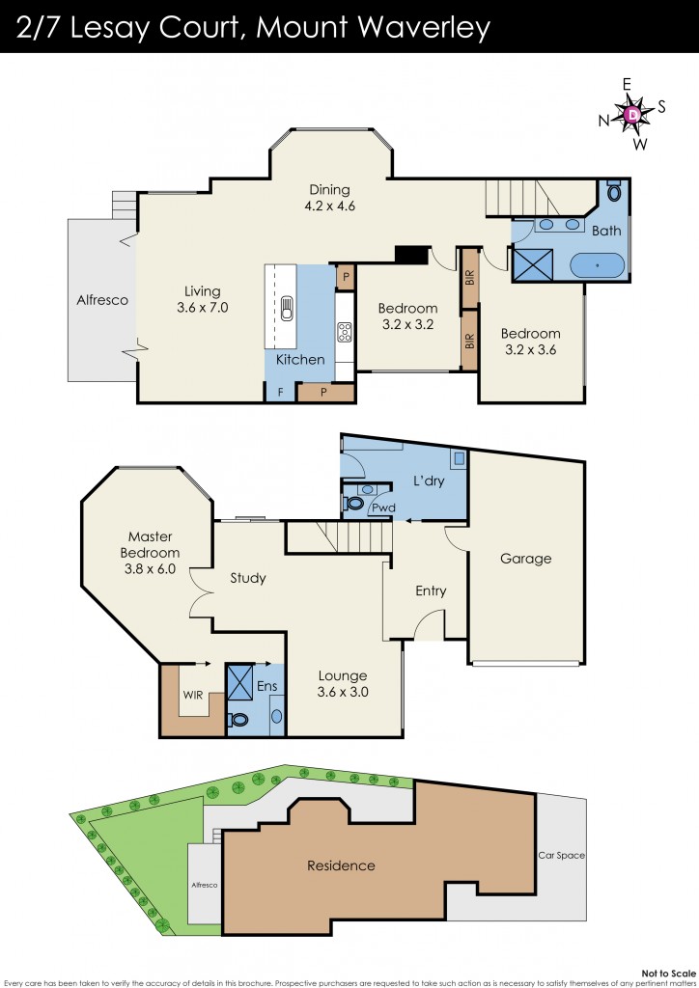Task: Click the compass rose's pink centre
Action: pos(632,115)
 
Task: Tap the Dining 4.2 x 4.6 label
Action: pos(329,197)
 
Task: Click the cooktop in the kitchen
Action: pos(345,332)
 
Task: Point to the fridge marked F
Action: pos(281,392)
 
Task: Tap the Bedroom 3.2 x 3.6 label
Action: pos(530,342)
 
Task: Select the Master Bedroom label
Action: pos(150,545)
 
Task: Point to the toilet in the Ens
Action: pos(238,718)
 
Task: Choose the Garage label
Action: pos(525,559)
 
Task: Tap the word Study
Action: pos(247,579)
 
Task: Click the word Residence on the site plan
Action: pos(340,865)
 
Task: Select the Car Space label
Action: pos(562,856)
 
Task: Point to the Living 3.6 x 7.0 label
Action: pos(199,299)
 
